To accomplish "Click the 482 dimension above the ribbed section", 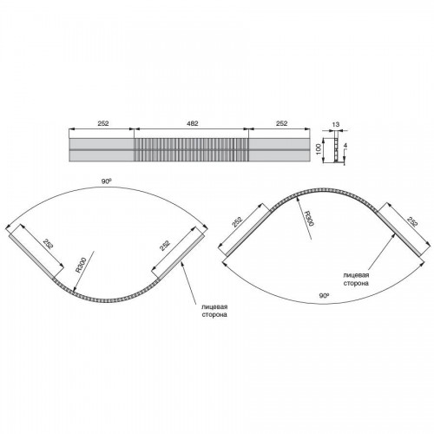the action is [192, 123].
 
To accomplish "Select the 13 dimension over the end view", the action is [336, 125].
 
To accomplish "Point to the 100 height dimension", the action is [319, 150].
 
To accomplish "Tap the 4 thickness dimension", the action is [345, 146].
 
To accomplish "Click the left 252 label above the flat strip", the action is [103, 123].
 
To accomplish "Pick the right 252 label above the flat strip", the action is [281, 123].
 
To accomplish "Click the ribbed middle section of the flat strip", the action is [192, 149].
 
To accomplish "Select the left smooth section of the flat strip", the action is [102, 149].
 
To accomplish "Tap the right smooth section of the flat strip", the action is [279, 149].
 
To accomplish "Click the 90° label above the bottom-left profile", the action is [107, 181].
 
